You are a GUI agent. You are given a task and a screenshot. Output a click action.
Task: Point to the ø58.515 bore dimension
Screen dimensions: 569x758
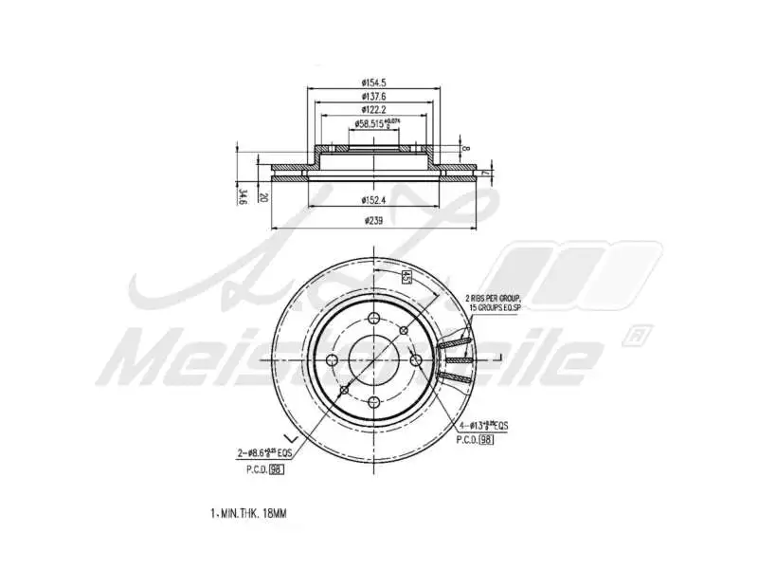[377, 123]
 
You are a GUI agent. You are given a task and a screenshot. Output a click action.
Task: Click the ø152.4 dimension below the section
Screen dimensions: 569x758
[376, 199]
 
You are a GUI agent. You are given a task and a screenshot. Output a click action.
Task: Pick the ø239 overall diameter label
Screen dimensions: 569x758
[376, 220]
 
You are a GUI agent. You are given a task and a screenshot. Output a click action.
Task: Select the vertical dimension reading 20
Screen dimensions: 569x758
[265, 196]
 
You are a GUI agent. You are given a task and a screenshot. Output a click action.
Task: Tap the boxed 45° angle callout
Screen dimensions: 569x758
[405, 277]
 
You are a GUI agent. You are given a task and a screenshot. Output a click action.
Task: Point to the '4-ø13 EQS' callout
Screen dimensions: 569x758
[482, 427]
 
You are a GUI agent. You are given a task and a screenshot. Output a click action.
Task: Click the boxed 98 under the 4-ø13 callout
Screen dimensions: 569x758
[485, 440]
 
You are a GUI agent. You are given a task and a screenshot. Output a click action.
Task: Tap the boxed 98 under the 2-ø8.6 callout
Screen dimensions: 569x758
[276, 469]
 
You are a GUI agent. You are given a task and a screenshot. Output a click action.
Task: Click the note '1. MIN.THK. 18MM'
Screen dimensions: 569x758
[247, 513]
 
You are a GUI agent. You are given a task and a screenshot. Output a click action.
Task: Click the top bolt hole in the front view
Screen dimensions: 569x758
[404, 329]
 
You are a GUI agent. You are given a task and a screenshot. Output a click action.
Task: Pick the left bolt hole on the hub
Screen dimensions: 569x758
[332, 359]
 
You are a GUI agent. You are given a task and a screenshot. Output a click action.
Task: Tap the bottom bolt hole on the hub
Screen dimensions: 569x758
[345, 390]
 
